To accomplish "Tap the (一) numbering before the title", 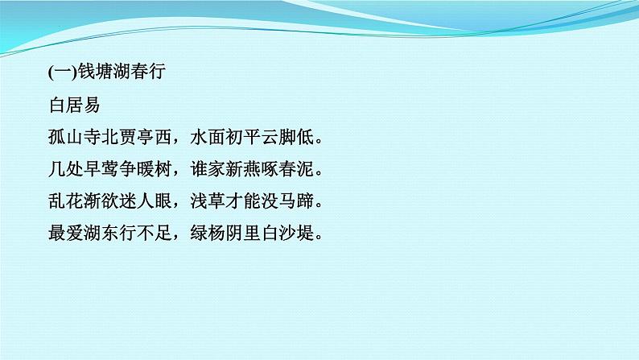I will coord(62,72).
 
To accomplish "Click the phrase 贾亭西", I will coord(146,138).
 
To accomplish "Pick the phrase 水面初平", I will coord(227,138).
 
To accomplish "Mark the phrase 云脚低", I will coord(290,138).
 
